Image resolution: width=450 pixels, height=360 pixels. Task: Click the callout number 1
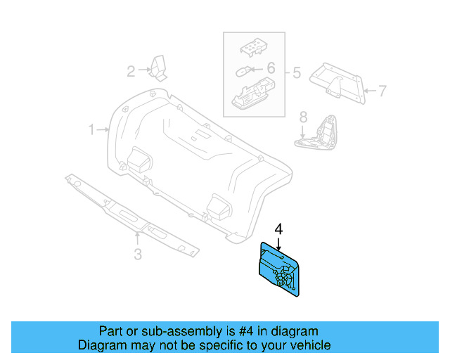[91, 129]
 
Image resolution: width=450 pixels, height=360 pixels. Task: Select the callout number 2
[131, 70]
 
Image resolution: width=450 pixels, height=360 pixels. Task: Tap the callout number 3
[138, 254]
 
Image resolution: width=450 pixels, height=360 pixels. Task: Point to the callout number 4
[278, 229]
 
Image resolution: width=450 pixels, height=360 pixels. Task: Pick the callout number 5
[297, 72]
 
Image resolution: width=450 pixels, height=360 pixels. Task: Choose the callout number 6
[271, 68]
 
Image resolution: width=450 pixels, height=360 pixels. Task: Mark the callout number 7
[382, 91]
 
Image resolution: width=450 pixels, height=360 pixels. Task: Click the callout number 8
[303, 116]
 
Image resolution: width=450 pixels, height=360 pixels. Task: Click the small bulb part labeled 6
[243, 70]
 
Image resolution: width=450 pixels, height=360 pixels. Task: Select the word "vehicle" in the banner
[309, 345]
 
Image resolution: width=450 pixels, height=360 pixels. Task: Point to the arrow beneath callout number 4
[278, 244]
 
